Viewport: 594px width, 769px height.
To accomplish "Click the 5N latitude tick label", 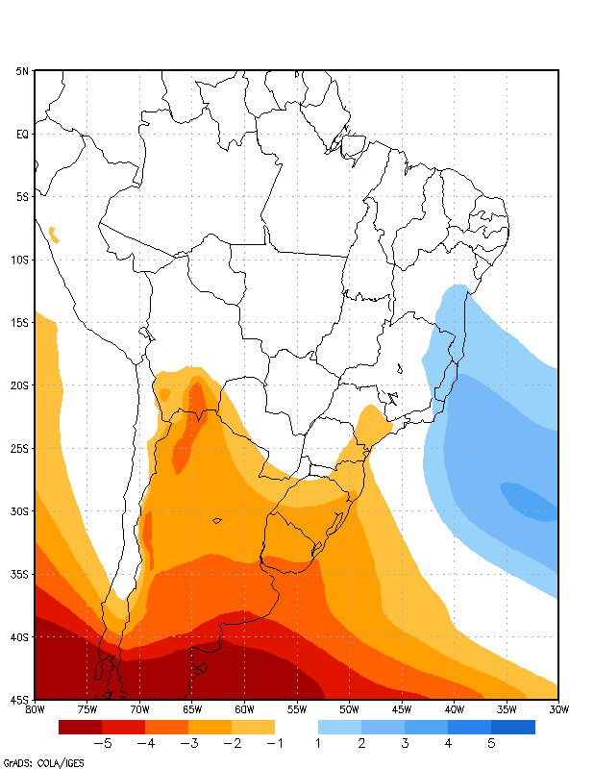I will coord(21,71).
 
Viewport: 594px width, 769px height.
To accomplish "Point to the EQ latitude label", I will coord(22,135).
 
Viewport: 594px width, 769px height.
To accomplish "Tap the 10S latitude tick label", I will coord(21,260).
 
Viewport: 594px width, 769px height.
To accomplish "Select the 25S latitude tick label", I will coord(21,448).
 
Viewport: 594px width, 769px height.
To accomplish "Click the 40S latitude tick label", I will coord(21,636).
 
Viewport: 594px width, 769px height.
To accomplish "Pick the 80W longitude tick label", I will coord(35,709).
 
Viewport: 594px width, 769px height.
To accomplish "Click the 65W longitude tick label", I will coord(191,709).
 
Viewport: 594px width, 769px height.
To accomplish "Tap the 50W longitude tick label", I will coord(349,709).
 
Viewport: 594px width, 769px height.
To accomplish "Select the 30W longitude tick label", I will coord(557,709).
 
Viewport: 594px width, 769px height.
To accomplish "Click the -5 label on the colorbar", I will coord(101,743).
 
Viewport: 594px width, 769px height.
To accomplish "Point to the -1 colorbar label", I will coord(274,743).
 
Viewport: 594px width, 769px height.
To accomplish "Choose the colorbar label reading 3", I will coord(405,743).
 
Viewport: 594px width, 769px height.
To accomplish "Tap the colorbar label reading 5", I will coord(491,743).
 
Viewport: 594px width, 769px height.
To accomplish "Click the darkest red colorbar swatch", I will coord(80,727).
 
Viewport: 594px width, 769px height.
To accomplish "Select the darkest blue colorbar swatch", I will coord(513,727).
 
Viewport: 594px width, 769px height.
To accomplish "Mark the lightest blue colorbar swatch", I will coord(339,727).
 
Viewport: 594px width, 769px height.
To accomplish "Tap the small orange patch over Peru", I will coord(53,233).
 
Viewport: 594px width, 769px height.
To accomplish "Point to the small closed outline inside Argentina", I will coord(217,521).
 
